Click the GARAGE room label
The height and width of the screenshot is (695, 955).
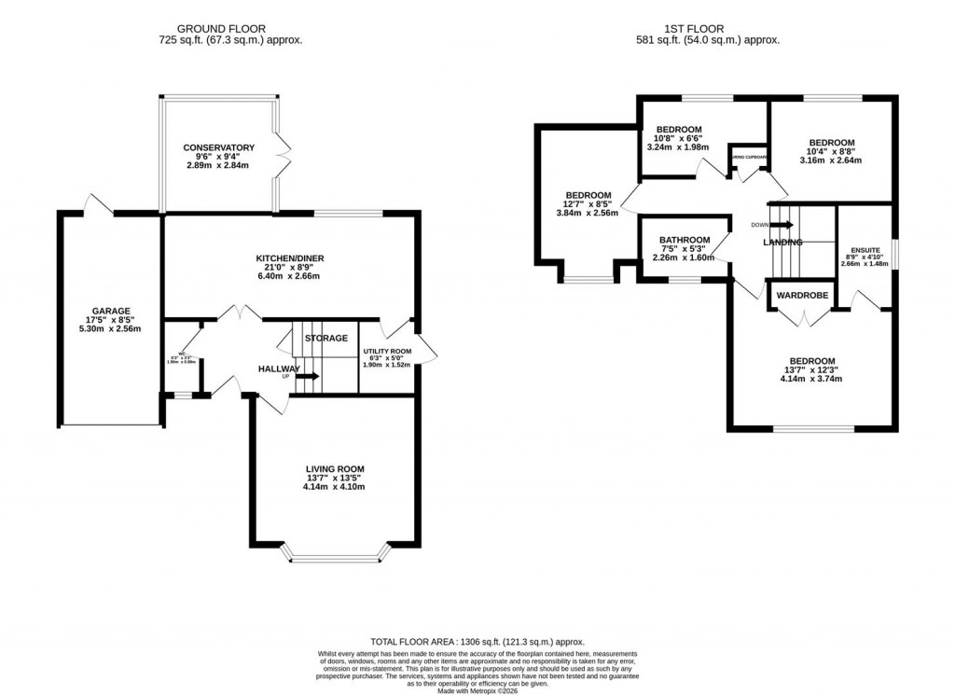tap(110, 311)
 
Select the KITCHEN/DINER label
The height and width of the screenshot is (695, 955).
tap(290, 258)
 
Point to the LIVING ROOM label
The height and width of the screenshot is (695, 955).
tap(335, 469)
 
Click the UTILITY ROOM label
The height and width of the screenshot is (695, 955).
tap(386, 352)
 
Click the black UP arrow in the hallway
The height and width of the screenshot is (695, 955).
tap(310, 376)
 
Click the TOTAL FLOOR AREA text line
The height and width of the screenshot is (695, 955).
tap(477, 642)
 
